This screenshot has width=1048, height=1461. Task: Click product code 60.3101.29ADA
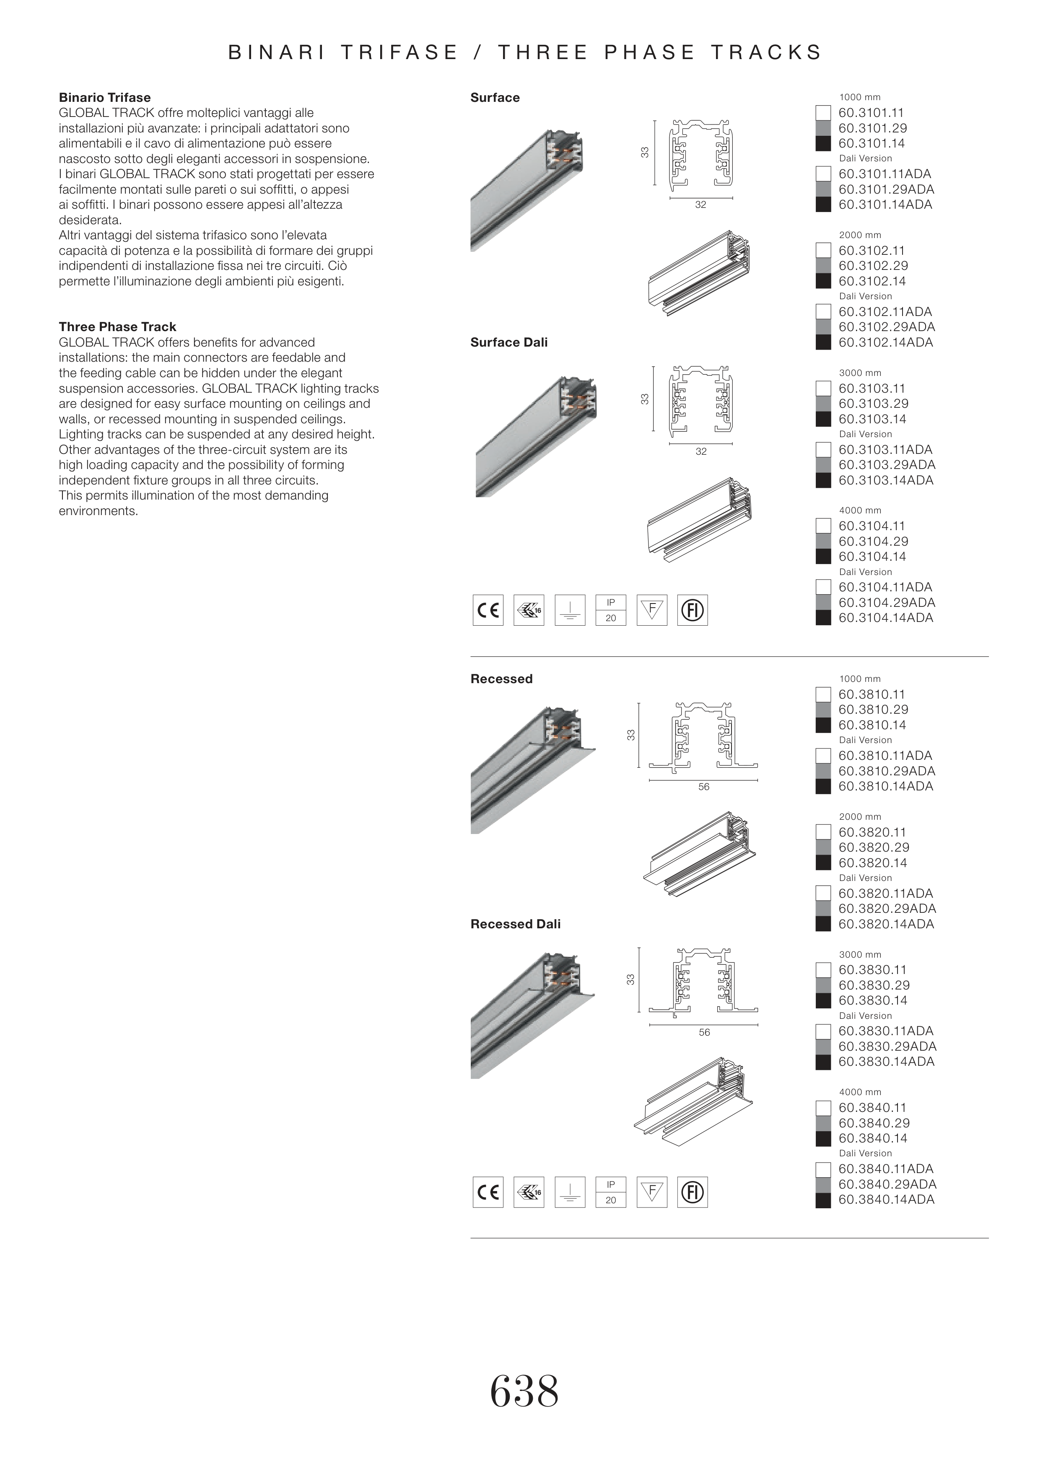tap(886, 189)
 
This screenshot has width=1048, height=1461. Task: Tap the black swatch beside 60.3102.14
tap(823, 281)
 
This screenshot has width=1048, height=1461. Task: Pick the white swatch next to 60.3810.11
tap(823, 694)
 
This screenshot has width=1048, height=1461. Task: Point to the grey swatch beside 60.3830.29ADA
tap(823, 1047)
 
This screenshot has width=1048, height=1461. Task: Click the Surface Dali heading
tap(509, 342)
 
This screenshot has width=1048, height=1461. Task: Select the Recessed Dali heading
tap(515, 924)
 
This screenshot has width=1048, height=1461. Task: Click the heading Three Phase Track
tap(117, 326)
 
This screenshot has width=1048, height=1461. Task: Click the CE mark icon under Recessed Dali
tap(488, 1192)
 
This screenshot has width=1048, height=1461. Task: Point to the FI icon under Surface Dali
tap(693, 610)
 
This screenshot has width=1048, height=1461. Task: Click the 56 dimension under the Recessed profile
tap(703, 787)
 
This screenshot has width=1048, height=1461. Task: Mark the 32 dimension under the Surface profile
tap(700, 205)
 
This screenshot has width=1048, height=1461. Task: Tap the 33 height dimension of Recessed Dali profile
tap(630, 979)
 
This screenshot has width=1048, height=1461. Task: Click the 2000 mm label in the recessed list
tap(860, 817)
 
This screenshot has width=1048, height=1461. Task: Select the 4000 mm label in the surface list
tap(860, 510)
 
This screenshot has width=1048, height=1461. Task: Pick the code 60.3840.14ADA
tap(886, 1199)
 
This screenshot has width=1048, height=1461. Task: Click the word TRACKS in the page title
tap(767, 52)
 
